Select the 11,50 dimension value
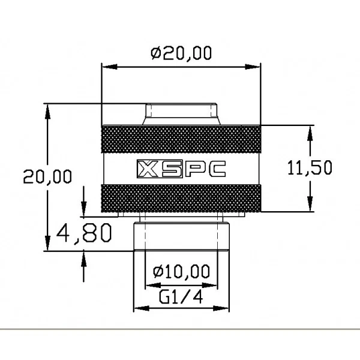point(309,169)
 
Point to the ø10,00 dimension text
point(181,272)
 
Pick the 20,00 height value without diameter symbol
point(46,176)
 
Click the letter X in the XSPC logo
point(148,170)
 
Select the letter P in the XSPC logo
point(192,170)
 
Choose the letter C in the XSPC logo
point(214,170)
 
